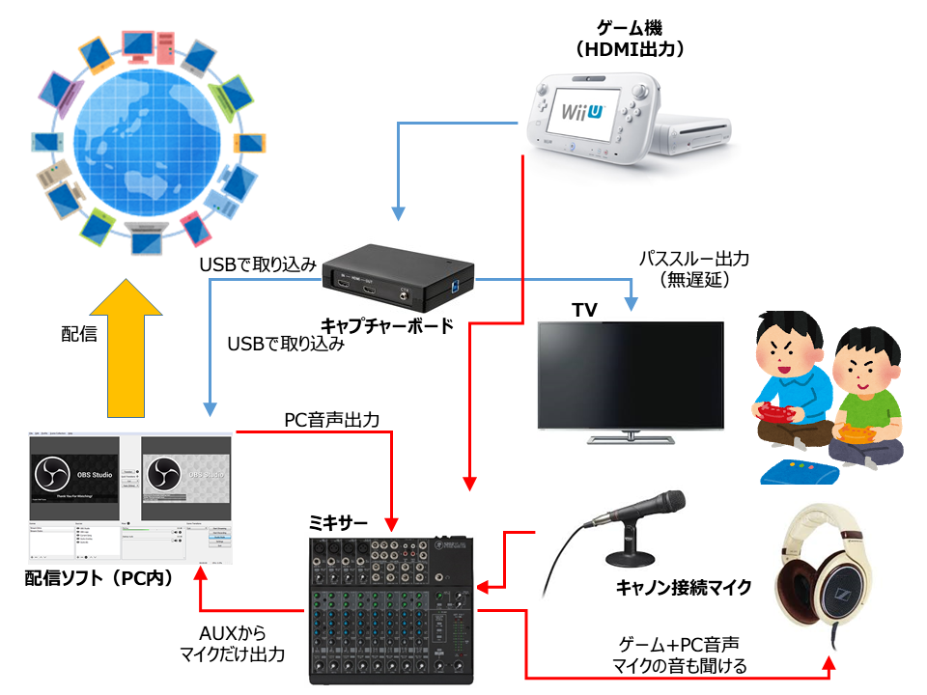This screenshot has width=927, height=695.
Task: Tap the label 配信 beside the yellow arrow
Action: point(80,334)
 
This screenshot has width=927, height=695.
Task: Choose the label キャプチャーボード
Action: point(386,325)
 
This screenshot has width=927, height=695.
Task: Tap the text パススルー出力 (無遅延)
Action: point(693,269)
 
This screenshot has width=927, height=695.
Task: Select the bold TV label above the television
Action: point(586,310)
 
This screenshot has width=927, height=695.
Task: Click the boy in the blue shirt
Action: point(783,386)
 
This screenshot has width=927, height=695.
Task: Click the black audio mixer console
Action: point(392,608)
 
